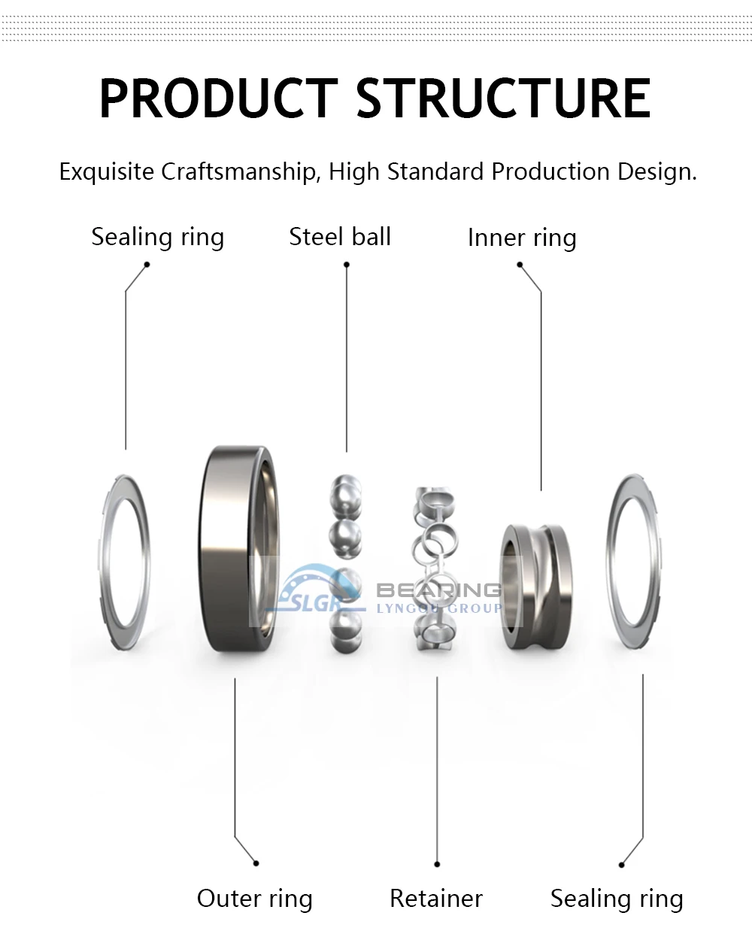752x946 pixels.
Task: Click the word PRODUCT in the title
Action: point(218,99)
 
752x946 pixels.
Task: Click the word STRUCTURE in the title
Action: point(502,99)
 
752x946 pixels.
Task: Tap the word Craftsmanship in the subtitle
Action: point(239,172)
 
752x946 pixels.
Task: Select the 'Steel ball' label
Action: point(340,237)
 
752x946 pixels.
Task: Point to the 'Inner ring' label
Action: point(522,238)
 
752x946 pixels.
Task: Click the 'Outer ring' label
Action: point(254,899)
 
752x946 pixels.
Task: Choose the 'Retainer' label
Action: point(436,899)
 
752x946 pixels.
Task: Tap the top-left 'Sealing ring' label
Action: point(158,237)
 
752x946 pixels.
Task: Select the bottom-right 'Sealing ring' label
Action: point(617,899)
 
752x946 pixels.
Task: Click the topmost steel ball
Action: point(345,490)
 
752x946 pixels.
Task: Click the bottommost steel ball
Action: point(344,624)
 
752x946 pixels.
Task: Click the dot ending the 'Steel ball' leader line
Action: point(347,265)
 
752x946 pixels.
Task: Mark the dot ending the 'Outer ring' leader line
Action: point(256,863)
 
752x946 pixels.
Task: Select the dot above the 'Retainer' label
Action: point(437,865)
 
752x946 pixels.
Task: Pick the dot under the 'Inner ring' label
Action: point(520,265)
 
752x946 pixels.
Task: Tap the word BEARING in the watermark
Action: point(438,590)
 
